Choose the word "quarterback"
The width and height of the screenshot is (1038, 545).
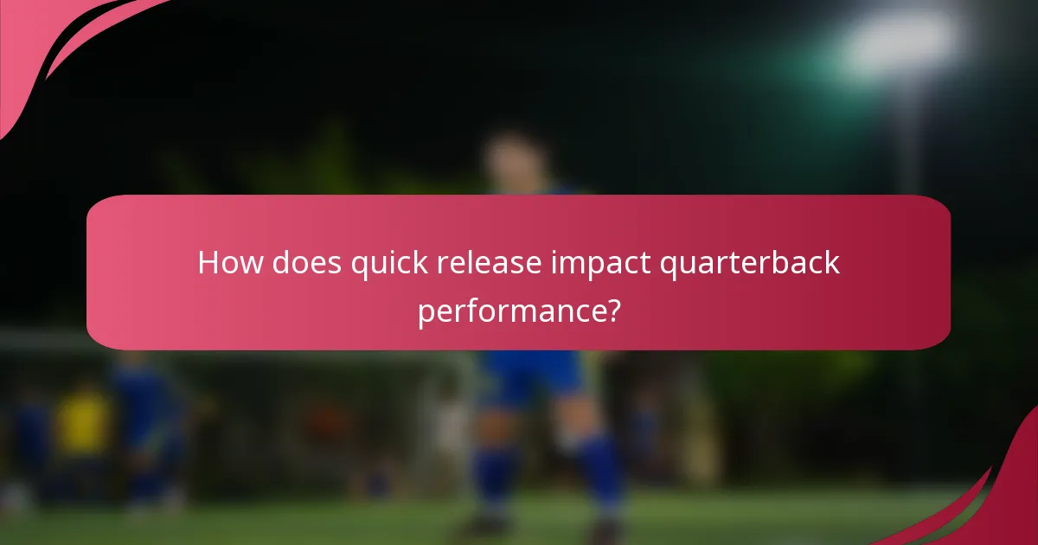click(x=751, y=263)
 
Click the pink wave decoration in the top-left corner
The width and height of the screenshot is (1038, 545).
click(x=52, y=43)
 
